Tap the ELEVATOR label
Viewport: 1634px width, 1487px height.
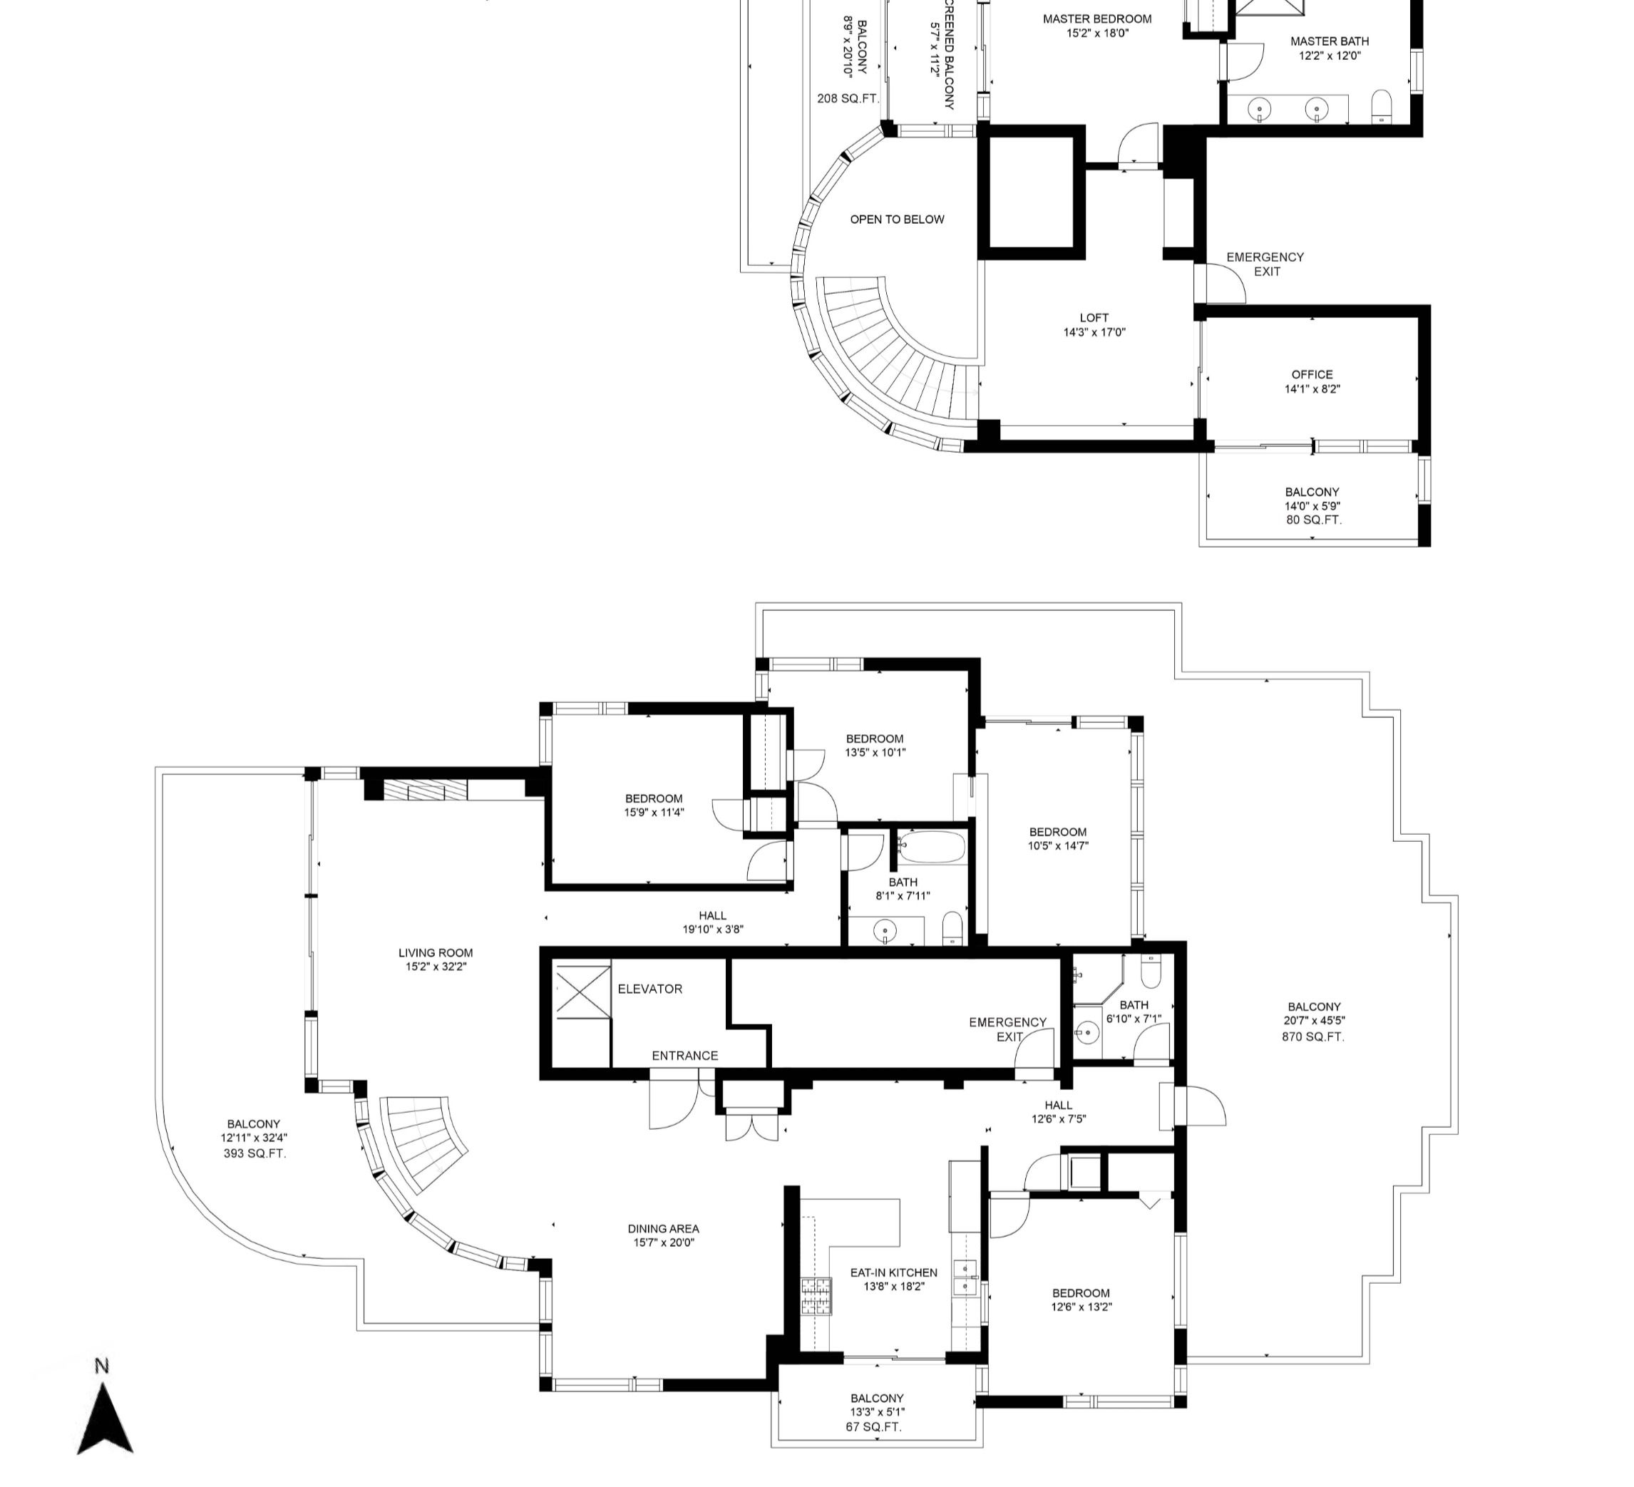click(x=649, y=989)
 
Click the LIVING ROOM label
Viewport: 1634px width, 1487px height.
click(x=436, y=953)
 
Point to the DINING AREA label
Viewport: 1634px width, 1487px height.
click(x=663, y=1228)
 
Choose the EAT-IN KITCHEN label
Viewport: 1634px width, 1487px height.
click(x=893, y=1272)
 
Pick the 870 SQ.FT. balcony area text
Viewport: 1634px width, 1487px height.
click(x=1312, y=1036)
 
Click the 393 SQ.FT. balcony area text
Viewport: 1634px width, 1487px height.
click(x=255, y=1153)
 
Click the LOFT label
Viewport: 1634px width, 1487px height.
click(x=1094, y=318)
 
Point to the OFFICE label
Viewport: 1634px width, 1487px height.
click(x=1312, y=374)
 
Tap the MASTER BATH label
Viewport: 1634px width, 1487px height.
click(x=1330, y=41)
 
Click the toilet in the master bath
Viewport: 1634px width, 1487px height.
click(x=1381, y=106)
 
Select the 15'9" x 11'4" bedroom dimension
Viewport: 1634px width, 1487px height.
click(x=654, y=812)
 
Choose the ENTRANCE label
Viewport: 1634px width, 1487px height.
click(x=685, y=1055)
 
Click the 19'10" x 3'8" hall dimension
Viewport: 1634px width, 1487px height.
click(x=712, y=930)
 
